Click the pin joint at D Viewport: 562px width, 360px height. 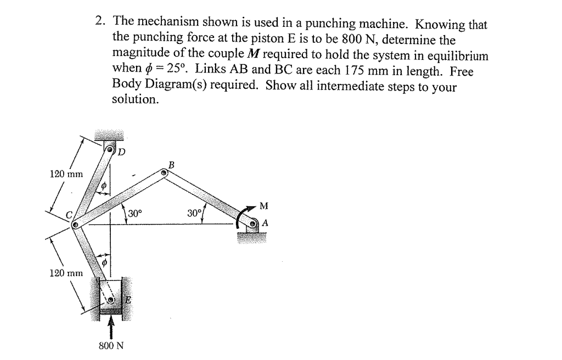pyautogui.click(x=111, y=149)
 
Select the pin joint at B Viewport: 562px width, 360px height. pyautogui.click(x=164, y=172)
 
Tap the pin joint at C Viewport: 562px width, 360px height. pyautogui.click(x=76, y=224)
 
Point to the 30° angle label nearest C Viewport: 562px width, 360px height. pyautogui.click(x=135, y=213)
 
